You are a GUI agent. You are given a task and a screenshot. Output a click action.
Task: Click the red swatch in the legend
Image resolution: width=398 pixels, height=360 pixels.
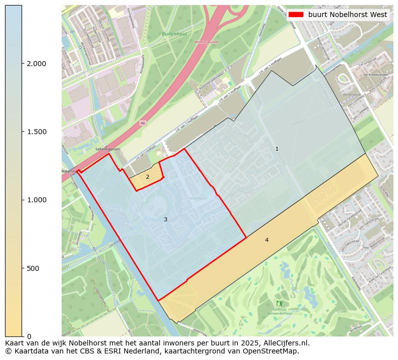(x=296, y=15)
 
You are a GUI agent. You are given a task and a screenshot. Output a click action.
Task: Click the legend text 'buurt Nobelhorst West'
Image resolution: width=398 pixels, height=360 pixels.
(x=347, y=15)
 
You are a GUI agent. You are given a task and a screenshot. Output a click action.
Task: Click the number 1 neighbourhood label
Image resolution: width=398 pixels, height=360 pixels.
(x=277, y=149)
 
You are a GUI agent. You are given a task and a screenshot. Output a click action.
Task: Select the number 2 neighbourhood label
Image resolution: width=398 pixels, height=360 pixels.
(x=147, y=177)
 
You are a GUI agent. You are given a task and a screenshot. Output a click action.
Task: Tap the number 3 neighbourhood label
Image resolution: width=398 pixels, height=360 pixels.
(x=165, y=219)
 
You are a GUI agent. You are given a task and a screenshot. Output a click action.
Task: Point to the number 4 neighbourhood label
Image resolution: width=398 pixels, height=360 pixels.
(x=267, y=240)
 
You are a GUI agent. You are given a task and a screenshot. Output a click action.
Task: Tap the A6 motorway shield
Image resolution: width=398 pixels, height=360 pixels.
(x=143, y=123)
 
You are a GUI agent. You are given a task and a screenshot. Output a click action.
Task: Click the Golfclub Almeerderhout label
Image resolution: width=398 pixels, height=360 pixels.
(x=280, y=313)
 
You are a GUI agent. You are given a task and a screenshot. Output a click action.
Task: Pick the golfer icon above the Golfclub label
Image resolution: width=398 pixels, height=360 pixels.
(x=279, y=303)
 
